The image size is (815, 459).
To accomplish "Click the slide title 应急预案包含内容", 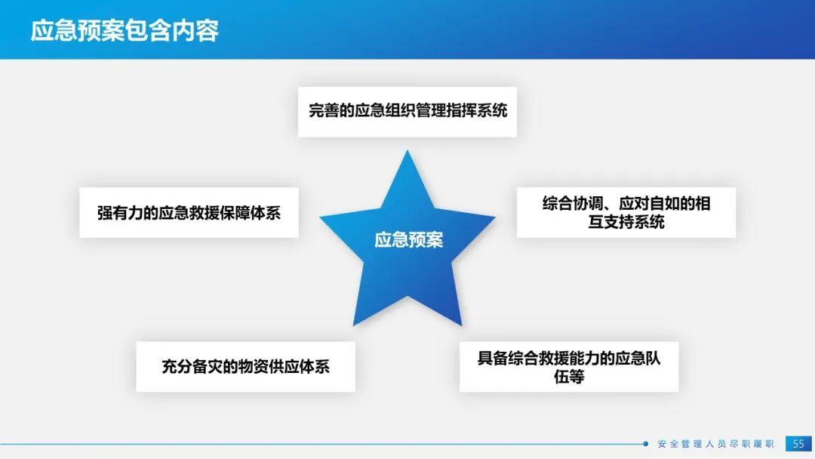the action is [x=125, y=31].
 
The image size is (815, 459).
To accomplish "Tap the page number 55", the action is [x=798, y=443].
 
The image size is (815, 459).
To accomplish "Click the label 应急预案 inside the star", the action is [x=408, y=240].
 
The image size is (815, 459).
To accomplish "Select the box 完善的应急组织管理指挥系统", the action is [x=407, y=112].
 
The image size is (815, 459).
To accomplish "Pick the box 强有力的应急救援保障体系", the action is [x=189, y=213].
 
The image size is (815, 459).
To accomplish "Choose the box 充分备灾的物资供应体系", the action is [x=245, y=366].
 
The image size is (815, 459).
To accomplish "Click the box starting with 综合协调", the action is [x=626, y=213].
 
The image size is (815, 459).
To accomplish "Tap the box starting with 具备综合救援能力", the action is [x=569, y=366].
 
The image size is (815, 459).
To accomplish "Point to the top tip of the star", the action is [x=407, y=151].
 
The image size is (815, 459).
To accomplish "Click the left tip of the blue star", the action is [x=320, y=217].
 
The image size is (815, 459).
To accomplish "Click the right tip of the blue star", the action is [x=495, y=217].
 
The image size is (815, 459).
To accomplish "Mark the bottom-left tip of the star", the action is [x=353, y=325].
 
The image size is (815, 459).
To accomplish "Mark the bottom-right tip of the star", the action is [x=462, y=325].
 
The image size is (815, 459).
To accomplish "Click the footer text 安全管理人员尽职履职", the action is [x=715, y=444].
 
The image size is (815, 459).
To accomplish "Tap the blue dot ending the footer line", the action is [x=645, y=444].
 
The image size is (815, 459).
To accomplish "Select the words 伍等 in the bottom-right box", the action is [x=569, y=377].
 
